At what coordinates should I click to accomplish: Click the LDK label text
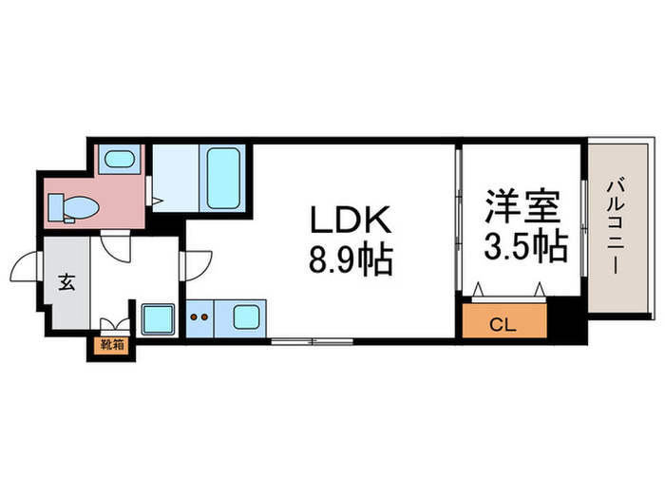pyautogui.click(x=351, y=220)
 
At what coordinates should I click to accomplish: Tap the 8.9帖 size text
pyautogui.click(x=351, y=259)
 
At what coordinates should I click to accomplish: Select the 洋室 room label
pyautogui.click(x=522, y=206)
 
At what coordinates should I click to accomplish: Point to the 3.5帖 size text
pyautogui.click(x=526, y=246)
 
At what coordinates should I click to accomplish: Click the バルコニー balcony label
pyautogui.click(x=614, y=227)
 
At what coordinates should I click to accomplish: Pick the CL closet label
pyautogui.click(x=503, y=325)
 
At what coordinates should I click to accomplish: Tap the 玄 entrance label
pyautogui.click(x=66, y=282)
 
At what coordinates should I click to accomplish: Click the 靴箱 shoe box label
pyautogui.click(x=112, y=345)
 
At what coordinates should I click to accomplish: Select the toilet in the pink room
pyautogui.click(x=73, y=208)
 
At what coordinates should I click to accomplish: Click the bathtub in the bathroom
pyautogui.click(x=223, y=179)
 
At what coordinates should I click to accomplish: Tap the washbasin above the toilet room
pyautogui.click(x=119, y=160)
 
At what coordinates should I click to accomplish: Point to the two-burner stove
pyautogui.click(x=199, y=318)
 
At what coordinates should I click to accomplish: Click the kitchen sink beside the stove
pyautogui.click(x=246, y=317)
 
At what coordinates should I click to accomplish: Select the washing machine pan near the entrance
pyautogui.click(x=158, y=319)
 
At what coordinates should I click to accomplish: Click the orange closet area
pyautogui.click(x=504, y=321)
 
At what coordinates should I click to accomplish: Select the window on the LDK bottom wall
pyautogui.click(x=313, y=340)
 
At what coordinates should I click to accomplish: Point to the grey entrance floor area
pyautogui.click(x=66, y=282)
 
